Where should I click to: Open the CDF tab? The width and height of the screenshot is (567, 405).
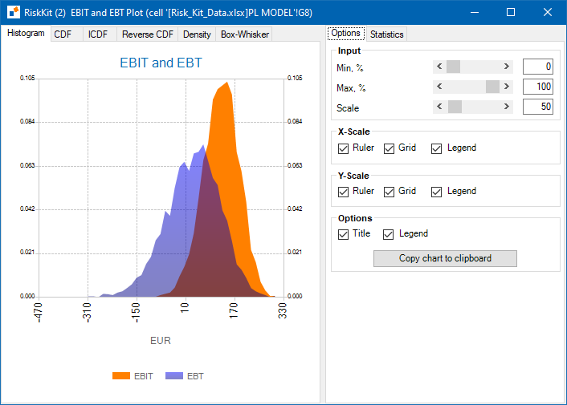[x=63, y=34]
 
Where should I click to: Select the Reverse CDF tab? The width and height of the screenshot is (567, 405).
[x=148, y=34]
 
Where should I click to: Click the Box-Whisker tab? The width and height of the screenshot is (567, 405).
[x=245, y=34]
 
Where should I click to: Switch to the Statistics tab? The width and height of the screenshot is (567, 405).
[x=386, y=34]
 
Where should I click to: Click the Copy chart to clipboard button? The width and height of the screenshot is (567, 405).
[x=445, y=258]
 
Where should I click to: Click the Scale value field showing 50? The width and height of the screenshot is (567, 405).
[x=538, y=107]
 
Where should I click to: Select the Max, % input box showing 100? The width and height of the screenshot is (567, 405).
[x=538, y=87]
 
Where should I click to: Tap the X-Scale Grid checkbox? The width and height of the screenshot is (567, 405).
[x=389, y=148]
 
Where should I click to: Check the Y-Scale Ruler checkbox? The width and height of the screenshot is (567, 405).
[x=343, y=192]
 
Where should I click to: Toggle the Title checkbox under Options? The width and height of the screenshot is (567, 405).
[x=343, y=234]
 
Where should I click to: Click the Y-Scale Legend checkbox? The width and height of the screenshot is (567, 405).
[x=436, y=192]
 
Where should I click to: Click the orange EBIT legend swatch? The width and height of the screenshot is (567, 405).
[x=121, y=376]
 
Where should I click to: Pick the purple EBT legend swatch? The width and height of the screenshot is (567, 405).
[x=174, y=376]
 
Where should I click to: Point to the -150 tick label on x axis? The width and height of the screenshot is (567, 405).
[x=135, y=312]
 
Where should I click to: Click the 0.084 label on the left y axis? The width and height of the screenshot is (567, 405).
[x=27, y=121]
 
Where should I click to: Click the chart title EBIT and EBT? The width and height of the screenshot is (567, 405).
[x=161, y=63]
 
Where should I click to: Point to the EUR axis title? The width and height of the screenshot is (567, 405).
[x=161, y=340]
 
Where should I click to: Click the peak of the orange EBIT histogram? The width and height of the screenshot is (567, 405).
[x=227, y=83]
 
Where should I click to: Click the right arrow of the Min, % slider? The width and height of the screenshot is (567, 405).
[x=506, y=67]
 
